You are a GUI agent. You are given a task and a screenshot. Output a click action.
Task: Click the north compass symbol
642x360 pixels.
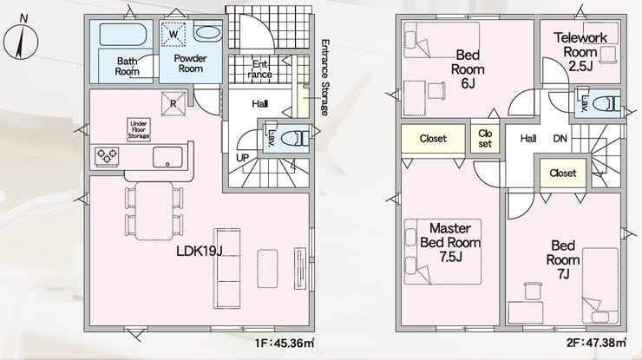coord(21,41)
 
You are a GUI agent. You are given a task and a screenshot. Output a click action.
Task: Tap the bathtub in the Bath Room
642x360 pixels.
coord(123,34)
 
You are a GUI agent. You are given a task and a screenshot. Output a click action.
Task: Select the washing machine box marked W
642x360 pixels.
coord(174,34)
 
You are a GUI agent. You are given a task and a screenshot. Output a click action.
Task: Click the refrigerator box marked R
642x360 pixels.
coord(174,103)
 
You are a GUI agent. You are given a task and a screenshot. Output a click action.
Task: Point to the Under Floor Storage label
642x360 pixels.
coord(139,130)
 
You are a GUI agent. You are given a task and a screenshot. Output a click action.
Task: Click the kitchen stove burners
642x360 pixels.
coord(107,156)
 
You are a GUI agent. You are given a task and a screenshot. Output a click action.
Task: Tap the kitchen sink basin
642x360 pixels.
coord(167,157)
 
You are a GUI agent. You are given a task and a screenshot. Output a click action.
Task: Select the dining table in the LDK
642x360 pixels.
coord(154,211)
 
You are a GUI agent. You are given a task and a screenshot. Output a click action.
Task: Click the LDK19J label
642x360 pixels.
coord(200,251)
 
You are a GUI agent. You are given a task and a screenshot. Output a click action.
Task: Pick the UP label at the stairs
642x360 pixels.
coord(242,158)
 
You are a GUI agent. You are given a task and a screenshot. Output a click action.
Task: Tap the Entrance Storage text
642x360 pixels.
coord(324,77)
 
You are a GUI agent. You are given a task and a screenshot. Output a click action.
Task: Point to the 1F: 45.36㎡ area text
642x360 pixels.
coord(285,343)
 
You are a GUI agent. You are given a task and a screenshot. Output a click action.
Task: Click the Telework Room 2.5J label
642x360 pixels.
coord(580,52)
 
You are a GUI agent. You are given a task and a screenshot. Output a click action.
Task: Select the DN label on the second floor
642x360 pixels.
coord(560,139)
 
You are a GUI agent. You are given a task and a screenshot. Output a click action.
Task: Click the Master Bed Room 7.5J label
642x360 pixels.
coord(450,242)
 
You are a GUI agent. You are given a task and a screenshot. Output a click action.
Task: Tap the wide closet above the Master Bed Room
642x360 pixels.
coord(433,139)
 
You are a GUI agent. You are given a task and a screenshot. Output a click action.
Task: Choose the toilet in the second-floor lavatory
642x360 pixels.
coord(606,103)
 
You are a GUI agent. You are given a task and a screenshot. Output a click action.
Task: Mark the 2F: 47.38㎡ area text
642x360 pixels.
coord(596,343)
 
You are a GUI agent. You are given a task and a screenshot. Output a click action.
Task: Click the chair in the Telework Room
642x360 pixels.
coord(607,55)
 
